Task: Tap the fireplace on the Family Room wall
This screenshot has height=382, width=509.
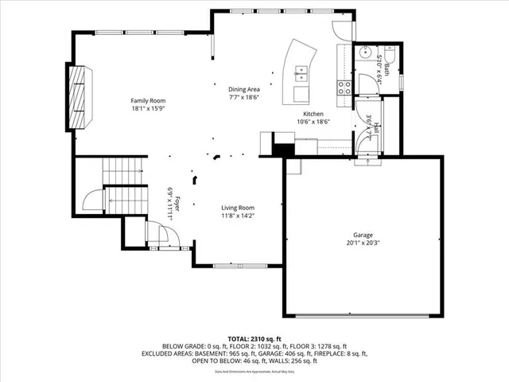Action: click(x=79, y=97)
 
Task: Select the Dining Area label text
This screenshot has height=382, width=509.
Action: click(x=244, y=89)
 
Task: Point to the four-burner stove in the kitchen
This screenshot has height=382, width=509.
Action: click(x=345, y=88)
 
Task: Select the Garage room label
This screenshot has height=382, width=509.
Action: click(x=363, y=236)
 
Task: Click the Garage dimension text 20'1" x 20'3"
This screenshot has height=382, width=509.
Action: click(x=363, y=244)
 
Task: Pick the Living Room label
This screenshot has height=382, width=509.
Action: click(x=238, y=208)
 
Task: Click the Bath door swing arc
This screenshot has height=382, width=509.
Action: click(x=364, y=84)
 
